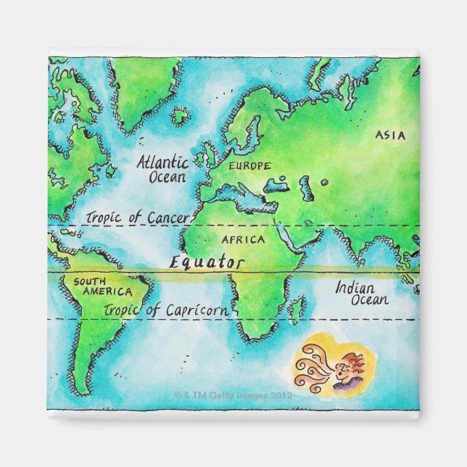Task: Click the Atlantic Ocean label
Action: click(x=162, y=169)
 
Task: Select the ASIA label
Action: click(x=390, y=135)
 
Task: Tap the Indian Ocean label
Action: click(x=361, y=293)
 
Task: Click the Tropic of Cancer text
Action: click(x=138, y=218)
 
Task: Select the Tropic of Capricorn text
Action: click(x=167, y=310)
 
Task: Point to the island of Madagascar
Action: click(x=297, y=309)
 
